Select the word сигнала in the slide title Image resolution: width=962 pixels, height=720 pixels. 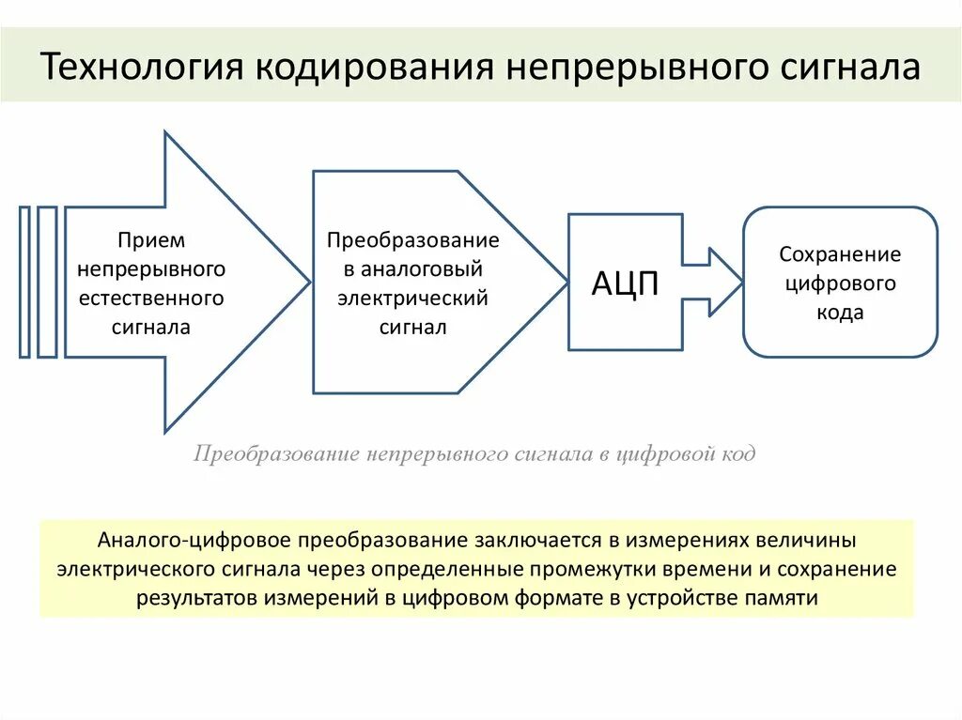[850, 68]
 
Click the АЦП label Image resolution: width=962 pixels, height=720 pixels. [625, 283]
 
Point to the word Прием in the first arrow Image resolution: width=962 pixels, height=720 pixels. [151, 240]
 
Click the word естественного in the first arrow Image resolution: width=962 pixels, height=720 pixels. [151, 299]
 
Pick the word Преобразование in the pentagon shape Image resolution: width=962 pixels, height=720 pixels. [413, 240]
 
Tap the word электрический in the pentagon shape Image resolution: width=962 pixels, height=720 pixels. [413, 299]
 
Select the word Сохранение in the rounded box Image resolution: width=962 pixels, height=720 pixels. [840, 254]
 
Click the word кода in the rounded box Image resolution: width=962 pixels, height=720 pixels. [840, 314]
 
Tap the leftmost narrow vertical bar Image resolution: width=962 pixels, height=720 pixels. [24, 282]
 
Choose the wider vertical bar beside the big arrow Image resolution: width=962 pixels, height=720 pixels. [47, 282]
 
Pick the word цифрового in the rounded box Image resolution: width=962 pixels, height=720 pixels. [840, 283]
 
